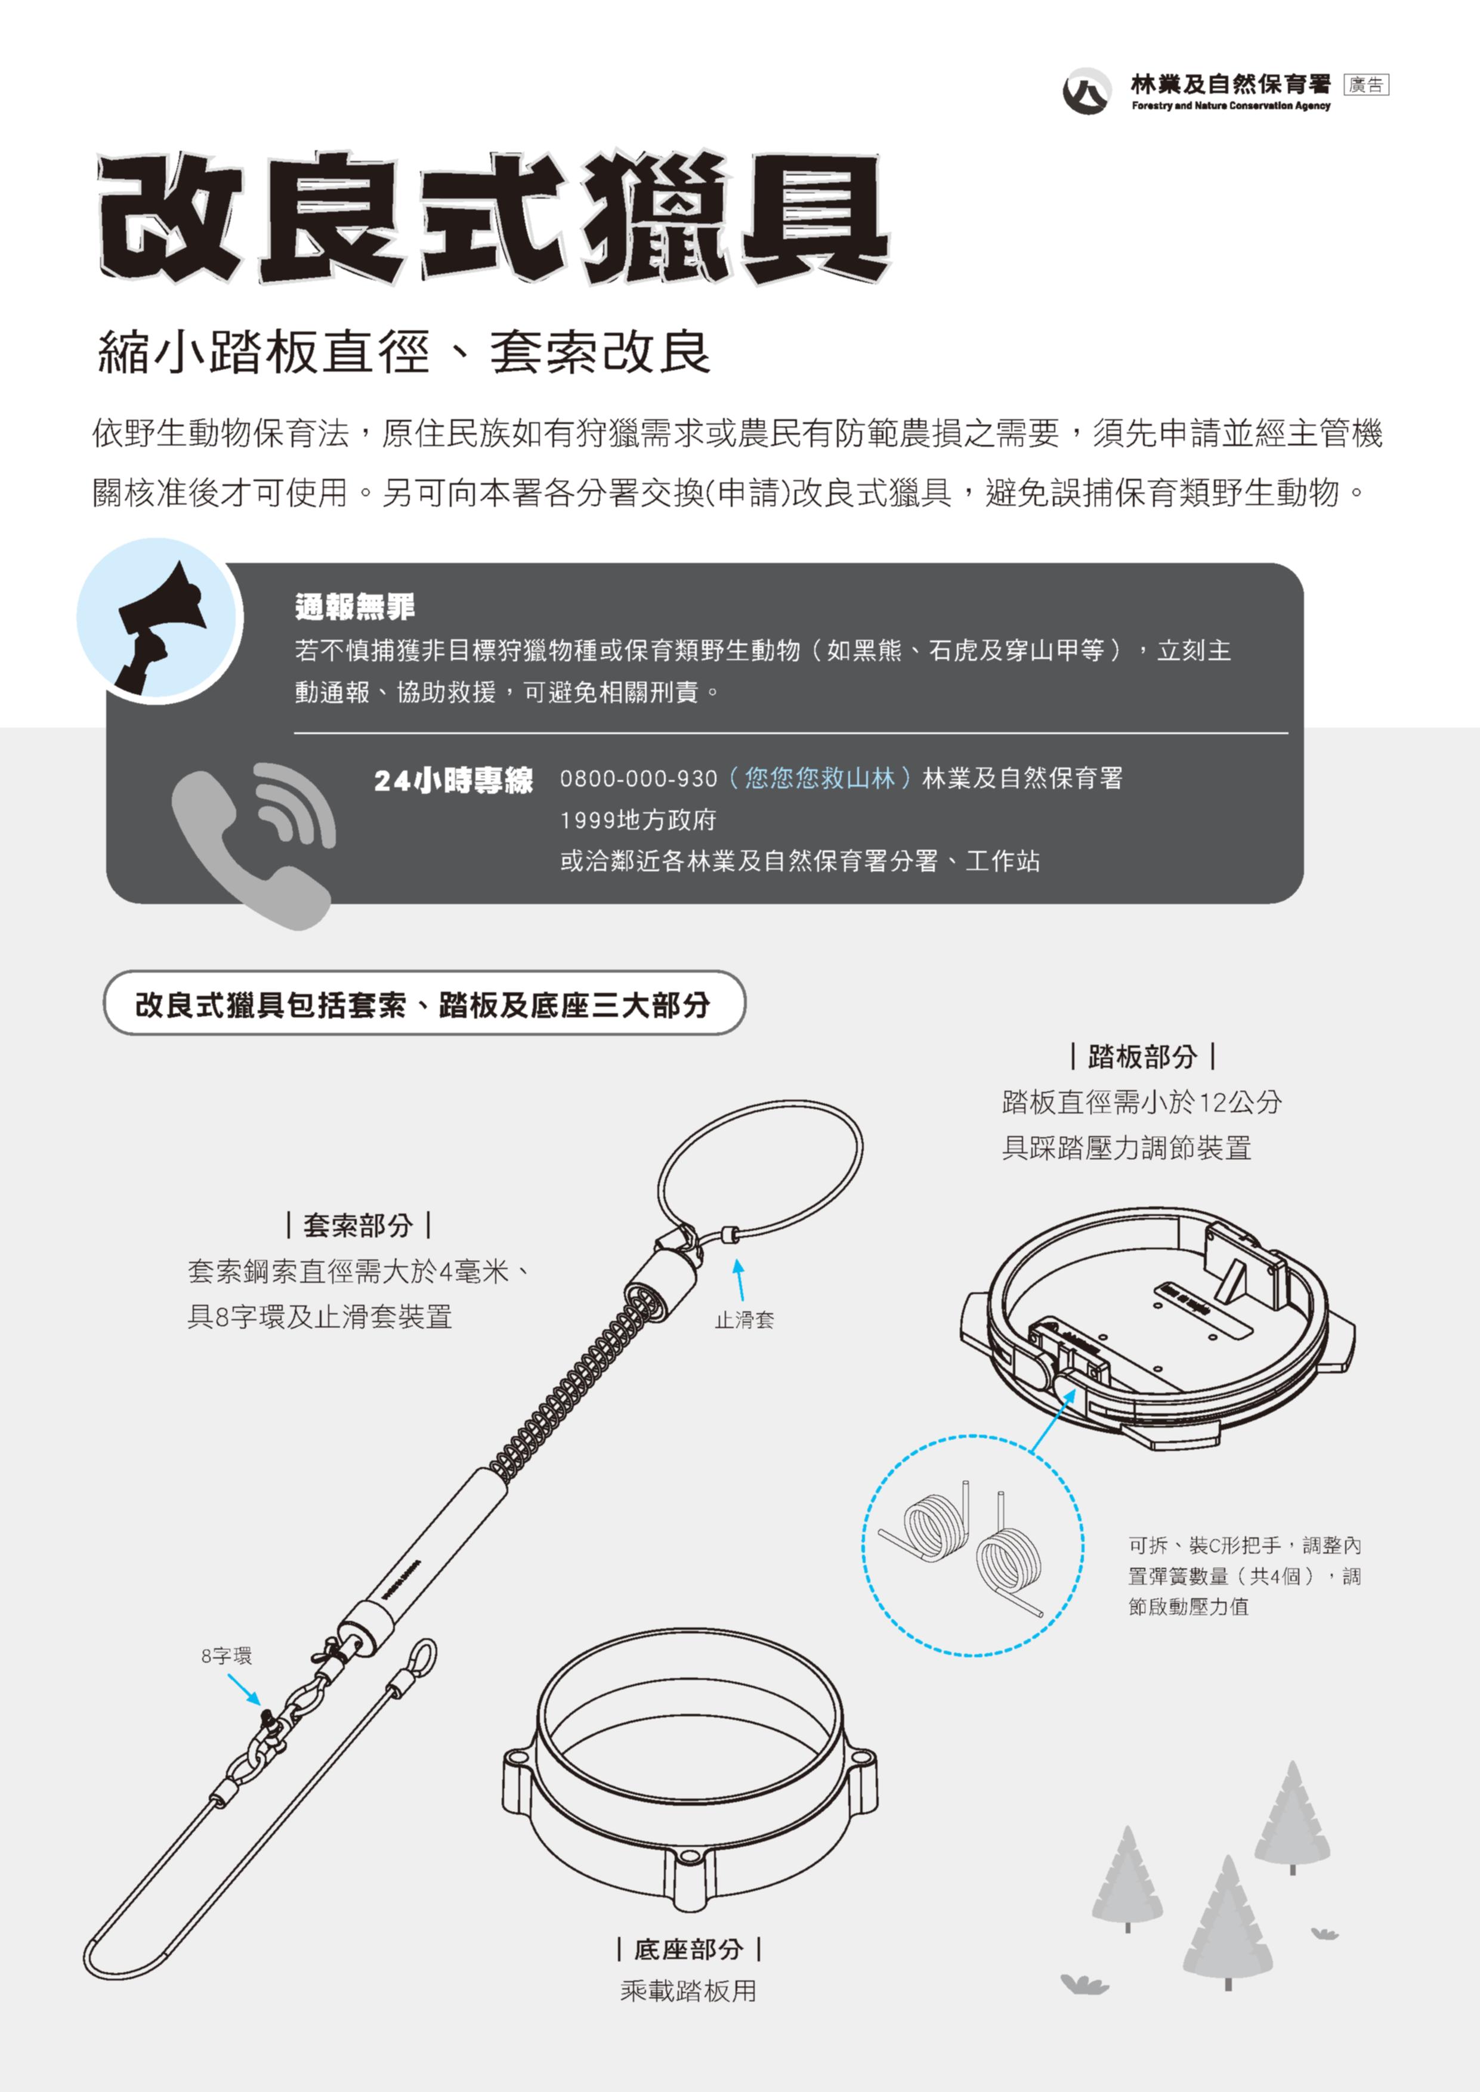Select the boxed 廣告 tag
point(1366,85)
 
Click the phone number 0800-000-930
point(639,779)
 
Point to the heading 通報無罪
point(354,606)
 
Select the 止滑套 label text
point(744,1319)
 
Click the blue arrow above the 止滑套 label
point(740,1279)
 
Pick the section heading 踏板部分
point(1143,1057)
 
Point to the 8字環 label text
point(226,1655)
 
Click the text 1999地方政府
point(638,820)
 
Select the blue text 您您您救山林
point(819,778)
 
